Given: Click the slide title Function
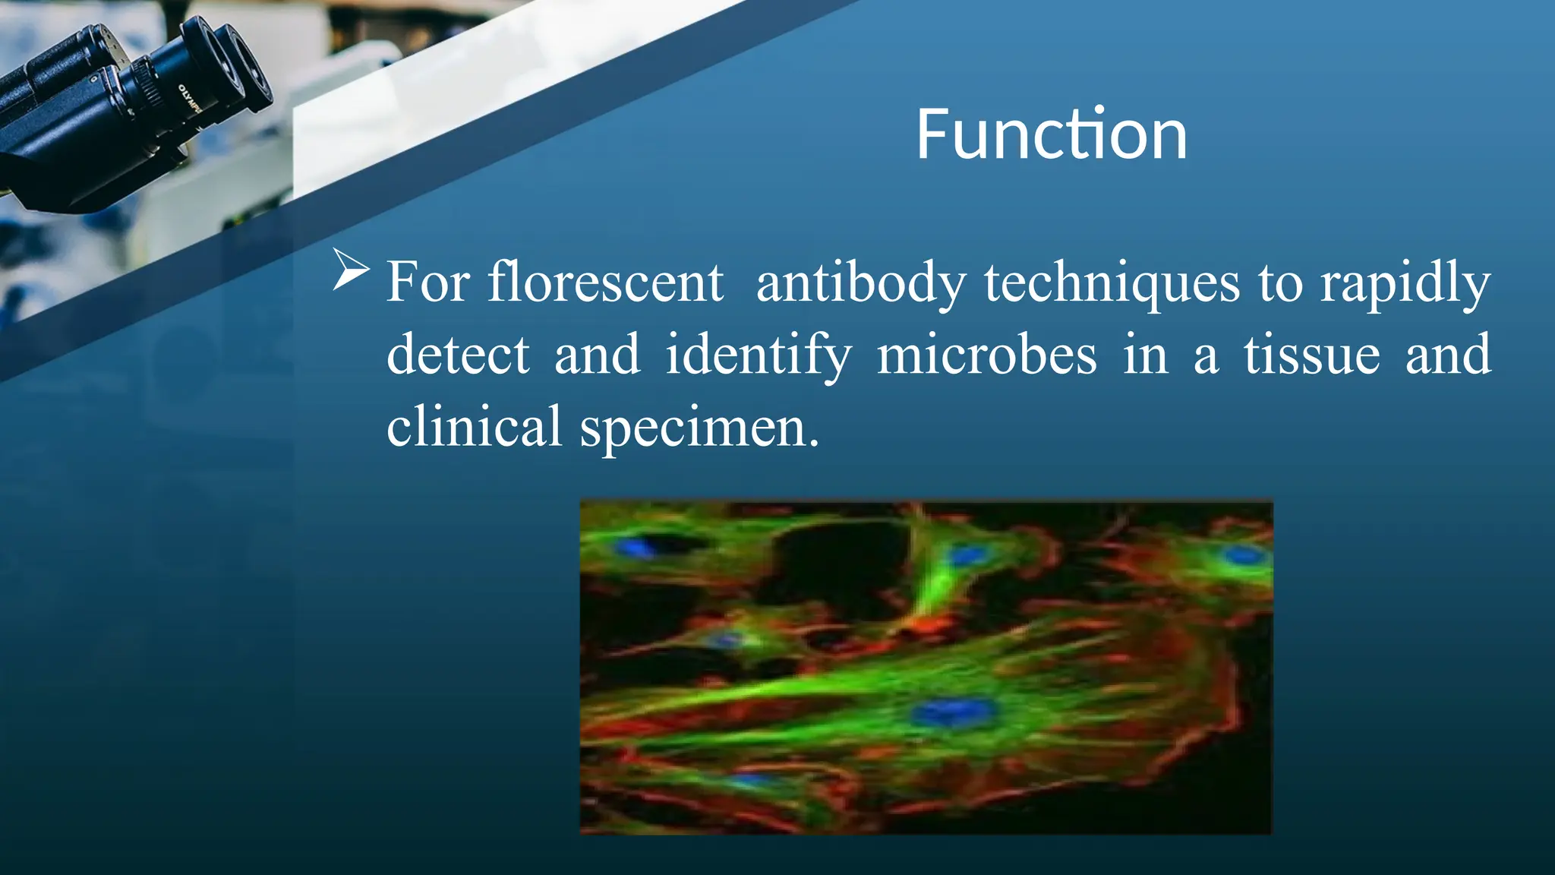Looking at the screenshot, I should [x=1052, y=135].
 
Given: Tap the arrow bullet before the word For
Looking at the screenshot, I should [x=351, y=270].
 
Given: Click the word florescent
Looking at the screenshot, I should [x=605, y=283].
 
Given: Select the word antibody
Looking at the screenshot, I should [x=860, y=283].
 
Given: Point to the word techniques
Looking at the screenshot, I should [x=1112, y=283].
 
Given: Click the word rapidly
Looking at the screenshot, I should [x=1405, y=283].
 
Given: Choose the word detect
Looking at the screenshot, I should [x=458, y=355].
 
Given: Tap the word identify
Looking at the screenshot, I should [x=758, y=355].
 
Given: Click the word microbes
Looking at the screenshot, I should [x=986, y=355].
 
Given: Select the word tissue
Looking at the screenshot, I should [x=1311, y=355].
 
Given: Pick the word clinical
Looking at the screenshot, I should [x=474, y=427].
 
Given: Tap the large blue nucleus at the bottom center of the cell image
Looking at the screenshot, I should [x=954, y=712].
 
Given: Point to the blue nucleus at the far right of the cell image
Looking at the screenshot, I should [x=1243, y=555].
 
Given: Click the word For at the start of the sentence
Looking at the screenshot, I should [x=427, y=283].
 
